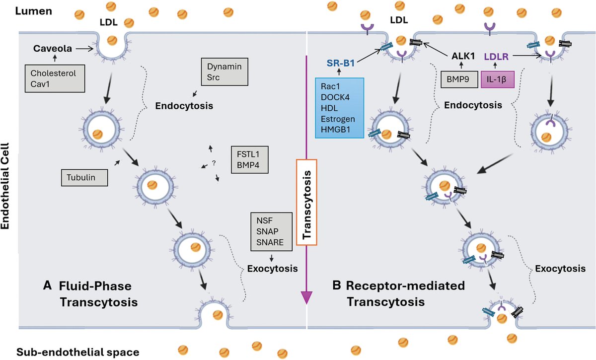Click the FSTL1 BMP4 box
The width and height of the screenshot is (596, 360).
[249, 159]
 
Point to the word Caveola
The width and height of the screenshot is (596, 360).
[50, 49]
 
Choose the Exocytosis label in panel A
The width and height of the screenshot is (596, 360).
[272, 269]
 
